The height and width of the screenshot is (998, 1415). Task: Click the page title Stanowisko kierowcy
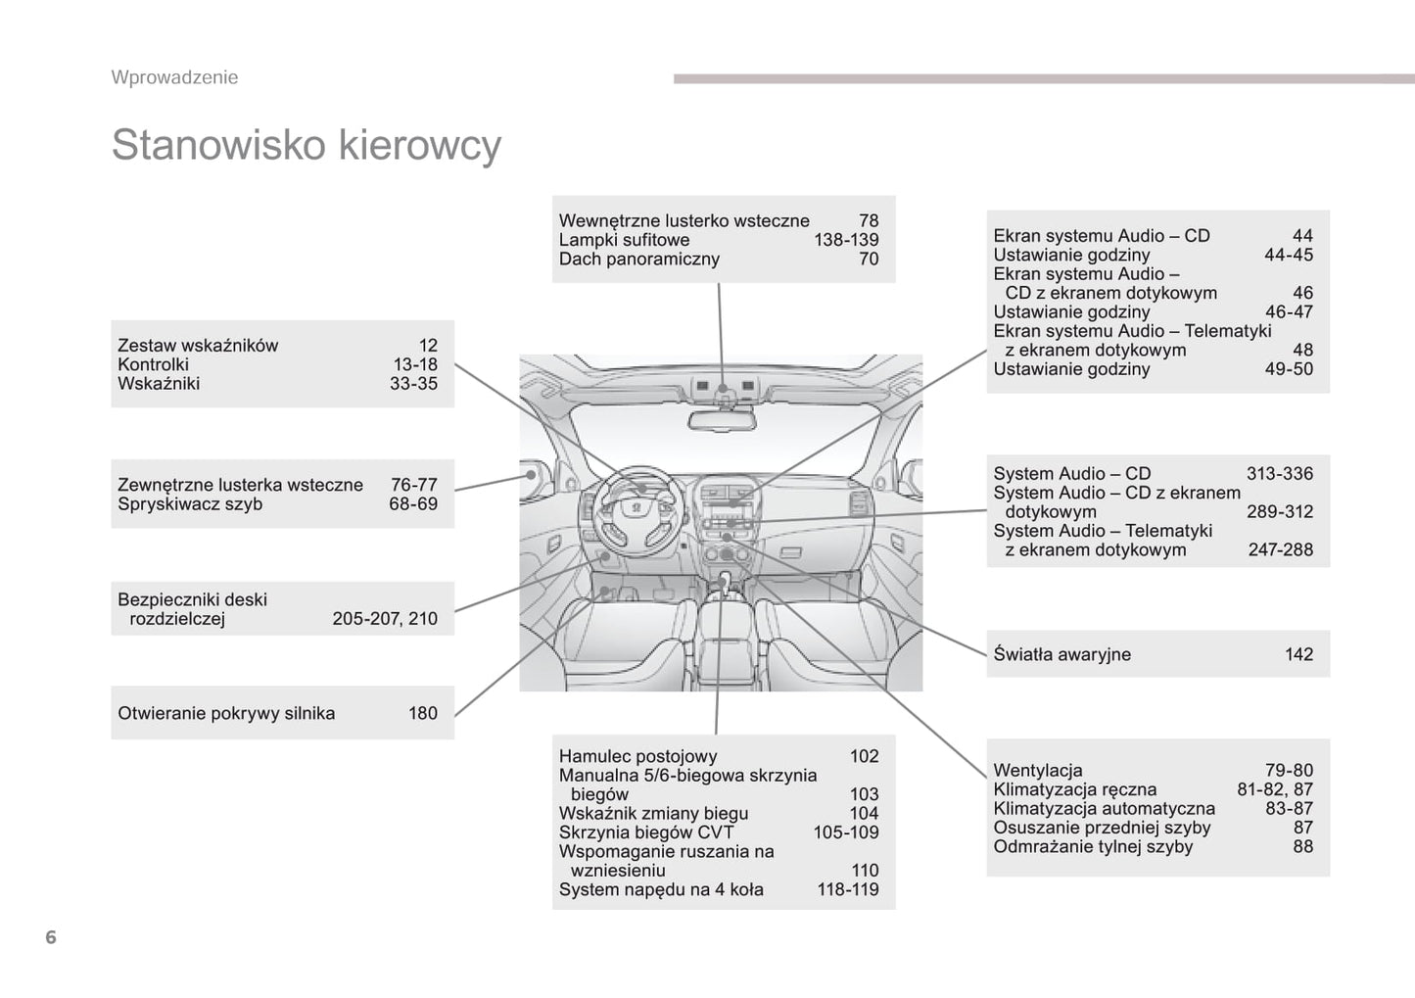(306, 145)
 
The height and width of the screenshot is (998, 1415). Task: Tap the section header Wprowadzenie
(174, 77)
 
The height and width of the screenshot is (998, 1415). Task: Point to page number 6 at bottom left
(51, 937)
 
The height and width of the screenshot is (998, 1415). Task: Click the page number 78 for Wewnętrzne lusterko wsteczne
(869, 221)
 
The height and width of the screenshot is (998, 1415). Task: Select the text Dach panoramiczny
(638, 260)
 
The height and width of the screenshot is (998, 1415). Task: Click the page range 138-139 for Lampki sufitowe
(846, 240)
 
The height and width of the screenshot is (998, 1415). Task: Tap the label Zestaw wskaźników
(198, 346)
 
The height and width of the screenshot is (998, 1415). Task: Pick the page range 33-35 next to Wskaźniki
(413, 384)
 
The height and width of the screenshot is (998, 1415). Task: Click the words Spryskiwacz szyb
(190, 504)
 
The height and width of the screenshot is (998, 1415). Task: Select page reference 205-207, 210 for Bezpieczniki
(385, 619)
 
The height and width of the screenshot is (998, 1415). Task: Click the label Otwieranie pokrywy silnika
(226, 714)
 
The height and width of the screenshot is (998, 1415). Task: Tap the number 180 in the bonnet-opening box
(423, 714)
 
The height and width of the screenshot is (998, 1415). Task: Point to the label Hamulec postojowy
(637, 756)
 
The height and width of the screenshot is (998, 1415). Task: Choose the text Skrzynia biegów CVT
(645, 832)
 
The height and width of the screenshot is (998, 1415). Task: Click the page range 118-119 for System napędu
(848, 890)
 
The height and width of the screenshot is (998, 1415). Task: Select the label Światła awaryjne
(1061, 654)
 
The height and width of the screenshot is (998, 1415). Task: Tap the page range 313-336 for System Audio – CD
(1279, 474)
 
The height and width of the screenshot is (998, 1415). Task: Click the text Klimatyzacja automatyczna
(1104, 809)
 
